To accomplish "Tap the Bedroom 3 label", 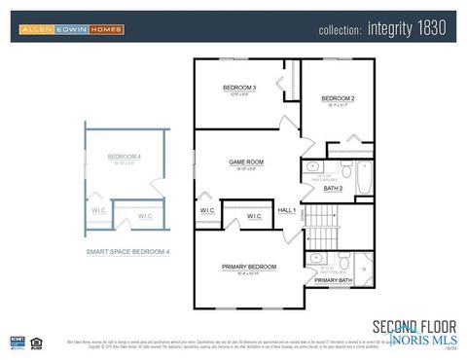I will pyautogui.click(x=238, y=88).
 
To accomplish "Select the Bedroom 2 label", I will pyautogui.click(x=338, y=98).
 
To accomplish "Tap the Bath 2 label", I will pyautogui.click(x=333, y=188).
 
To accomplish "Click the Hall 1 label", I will pyautogui.click(x=287, y=210).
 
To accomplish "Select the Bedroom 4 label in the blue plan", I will pyautogui.click(x=124, y=157).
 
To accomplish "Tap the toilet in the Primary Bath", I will pyautogui.click(x=343, y=262).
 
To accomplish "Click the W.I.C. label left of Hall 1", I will pyautogui.click(x=254, y=215).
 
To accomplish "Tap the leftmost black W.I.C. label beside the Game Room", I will pyautogui.click(x=207, y=210).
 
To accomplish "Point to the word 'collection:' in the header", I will pyautogui.click(x=341, y=30).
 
